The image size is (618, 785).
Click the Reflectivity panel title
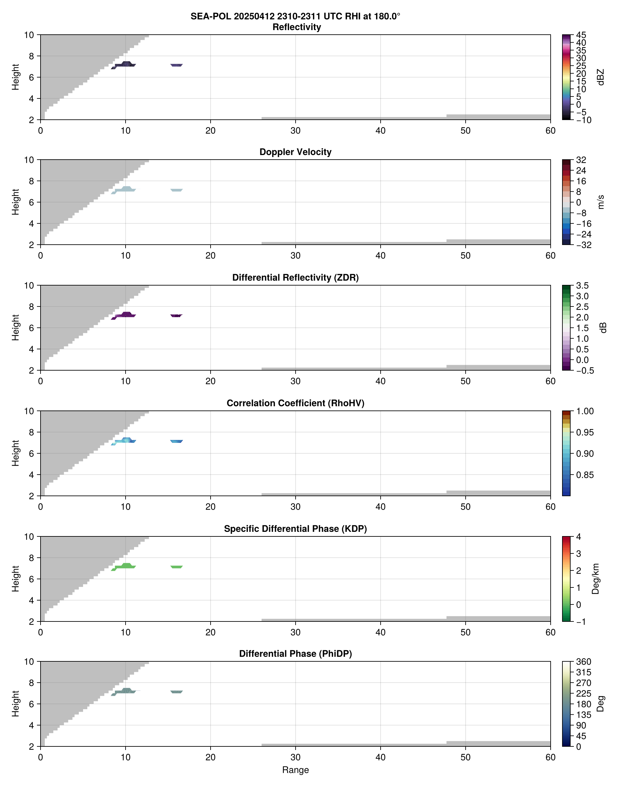tap(297, 27)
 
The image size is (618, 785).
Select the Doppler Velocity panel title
tap(295, 152)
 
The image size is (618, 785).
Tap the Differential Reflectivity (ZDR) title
tap(295, 278)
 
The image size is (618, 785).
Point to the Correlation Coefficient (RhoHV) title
tap(295, 403)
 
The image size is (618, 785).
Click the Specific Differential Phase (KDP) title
tap(295, 529)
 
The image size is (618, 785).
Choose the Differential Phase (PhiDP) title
tap(295, 654)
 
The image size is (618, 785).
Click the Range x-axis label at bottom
tap(295, 770)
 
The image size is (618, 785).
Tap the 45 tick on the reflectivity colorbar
tap(581, 35)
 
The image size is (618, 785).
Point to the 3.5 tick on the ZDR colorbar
tap(582, 286)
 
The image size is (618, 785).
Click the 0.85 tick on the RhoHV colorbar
tap(584, 475)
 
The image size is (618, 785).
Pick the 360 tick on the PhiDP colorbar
tap(583, 662)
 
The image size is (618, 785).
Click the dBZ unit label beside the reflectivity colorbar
tap(601, 77)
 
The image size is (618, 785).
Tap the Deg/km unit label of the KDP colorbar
tap(595, 579)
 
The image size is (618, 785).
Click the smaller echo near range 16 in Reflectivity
tap(177, 65)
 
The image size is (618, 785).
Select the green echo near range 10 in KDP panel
tap(125, 566)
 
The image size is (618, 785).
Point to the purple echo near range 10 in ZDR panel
tap(125, 315)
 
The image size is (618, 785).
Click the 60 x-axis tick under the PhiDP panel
tap(550, 757)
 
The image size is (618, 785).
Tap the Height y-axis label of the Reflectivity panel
tap(15, 77)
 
